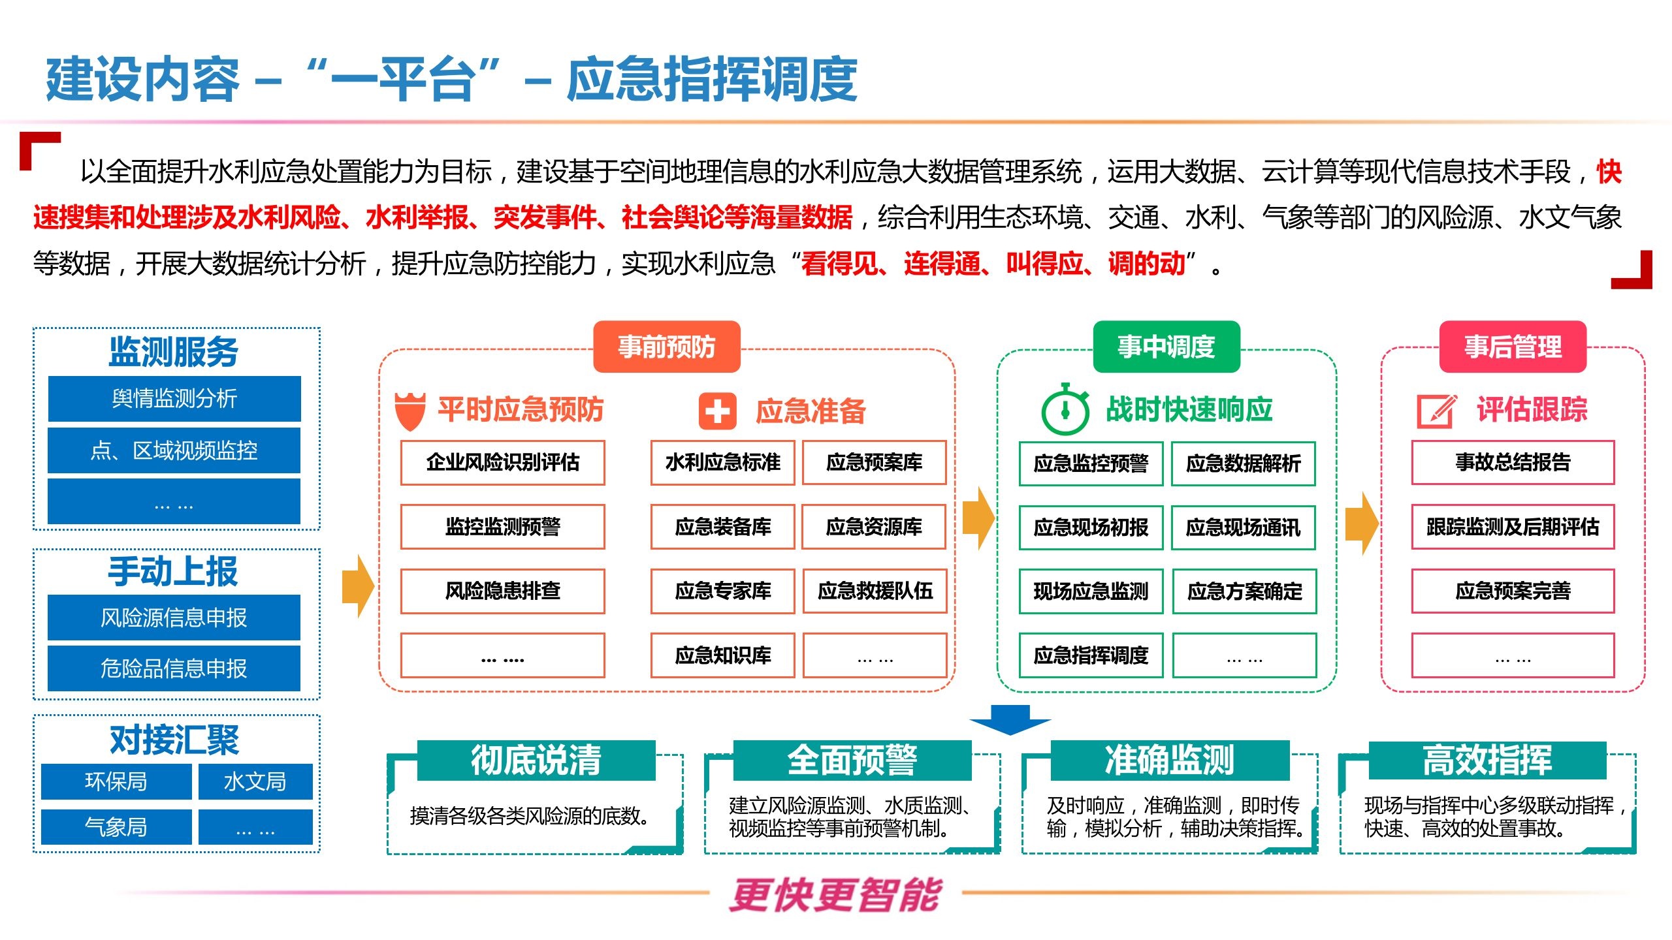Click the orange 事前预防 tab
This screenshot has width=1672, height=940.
[666, 347]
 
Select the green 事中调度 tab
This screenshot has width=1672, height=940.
[1166, 347]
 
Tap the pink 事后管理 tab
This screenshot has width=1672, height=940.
[1513, 347]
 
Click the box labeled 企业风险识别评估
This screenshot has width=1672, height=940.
[502, 462]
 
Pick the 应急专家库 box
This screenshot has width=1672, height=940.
[722, 591]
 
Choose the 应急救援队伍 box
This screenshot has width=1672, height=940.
[875, 591]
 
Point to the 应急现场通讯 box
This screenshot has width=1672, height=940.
[1243, 527]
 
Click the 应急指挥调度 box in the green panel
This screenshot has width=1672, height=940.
[1091, 655]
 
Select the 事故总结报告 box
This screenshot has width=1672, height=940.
[1513, 462]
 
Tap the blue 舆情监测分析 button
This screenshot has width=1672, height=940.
[174, 398]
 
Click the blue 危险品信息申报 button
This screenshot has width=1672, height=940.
[174, 668]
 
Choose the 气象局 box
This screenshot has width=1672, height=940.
[116, 827]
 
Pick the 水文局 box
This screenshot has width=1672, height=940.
[255, 781]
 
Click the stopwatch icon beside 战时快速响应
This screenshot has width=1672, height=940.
[1065, 410]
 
